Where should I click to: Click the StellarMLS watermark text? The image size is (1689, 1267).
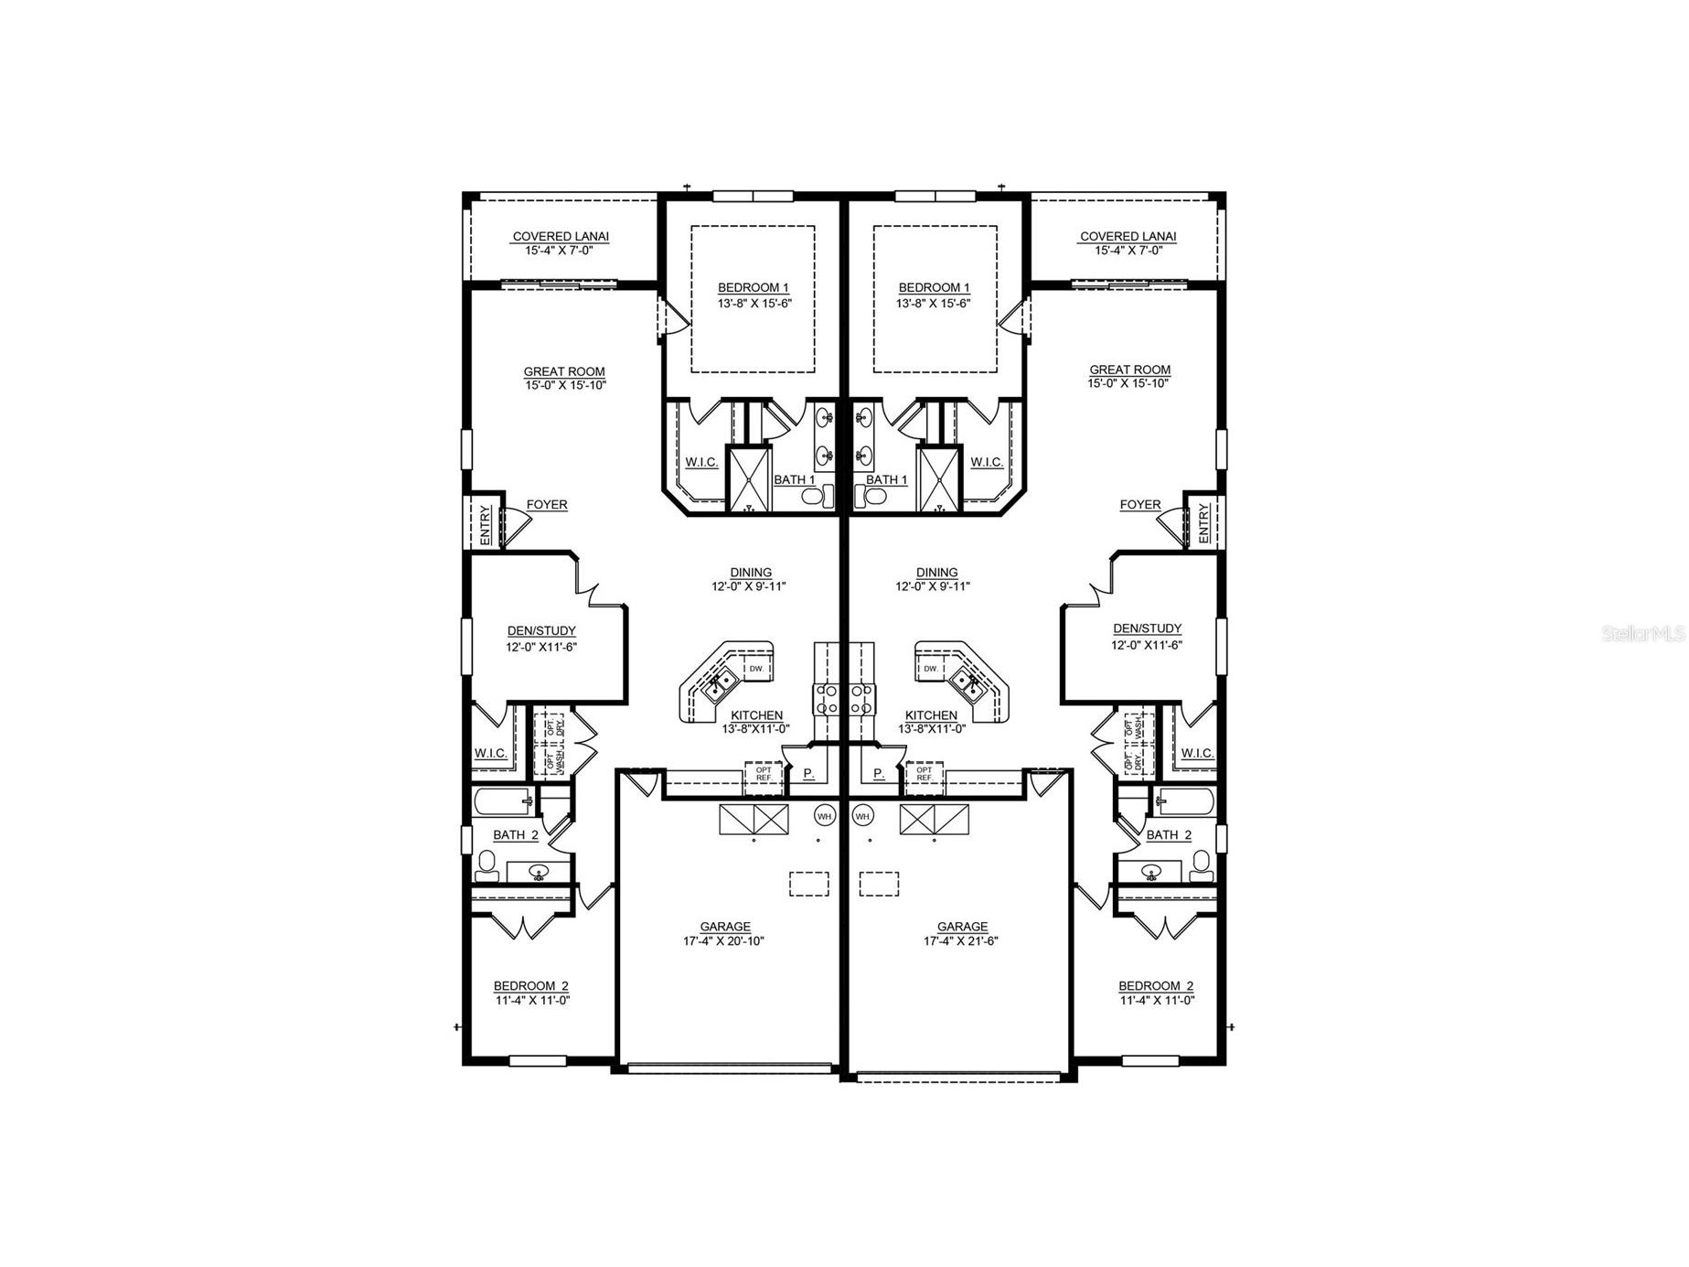[1643, 633]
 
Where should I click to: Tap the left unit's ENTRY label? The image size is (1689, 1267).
[485, 523]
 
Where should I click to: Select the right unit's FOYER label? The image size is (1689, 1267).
[1139, 505]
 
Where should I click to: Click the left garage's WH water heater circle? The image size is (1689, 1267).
[824, 815]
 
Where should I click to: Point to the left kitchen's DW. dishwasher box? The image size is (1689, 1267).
[756, 669]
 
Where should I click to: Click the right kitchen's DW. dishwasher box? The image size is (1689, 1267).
[931, 669]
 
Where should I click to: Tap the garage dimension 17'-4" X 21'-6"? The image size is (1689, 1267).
[960, 940]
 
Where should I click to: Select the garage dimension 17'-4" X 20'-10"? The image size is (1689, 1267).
[723, 940]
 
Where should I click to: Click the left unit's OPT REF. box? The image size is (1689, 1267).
[764, 774]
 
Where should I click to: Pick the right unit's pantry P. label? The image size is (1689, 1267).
[879, 774]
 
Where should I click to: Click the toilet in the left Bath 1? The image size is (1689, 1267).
[817, 497]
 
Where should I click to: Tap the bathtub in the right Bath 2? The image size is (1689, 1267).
[1183, 802]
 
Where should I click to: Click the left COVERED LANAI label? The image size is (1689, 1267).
[560, 236]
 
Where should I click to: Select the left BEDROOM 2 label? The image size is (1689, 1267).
[530, 985]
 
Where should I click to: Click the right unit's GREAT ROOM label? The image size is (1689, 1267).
[1129, 370]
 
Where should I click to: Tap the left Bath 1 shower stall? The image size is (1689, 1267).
[748, 478]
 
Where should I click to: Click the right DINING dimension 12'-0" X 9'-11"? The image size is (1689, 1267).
[933, 586]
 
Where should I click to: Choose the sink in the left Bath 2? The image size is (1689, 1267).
[539, 872]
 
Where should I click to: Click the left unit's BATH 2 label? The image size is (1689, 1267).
[515, 834]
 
